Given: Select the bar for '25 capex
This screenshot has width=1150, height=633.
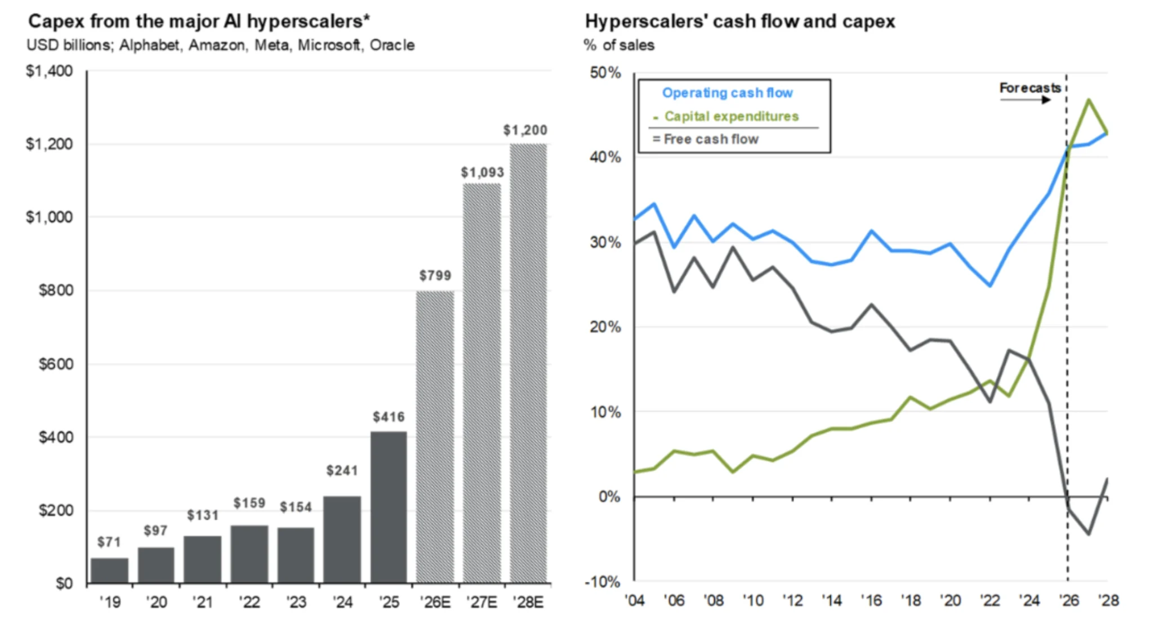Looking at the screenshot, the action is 389,507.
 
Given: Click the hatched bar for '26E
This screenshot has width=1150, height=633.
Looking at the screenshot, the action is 435,437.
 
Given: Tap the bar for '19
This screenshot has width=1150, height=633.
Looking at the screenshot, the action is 109,570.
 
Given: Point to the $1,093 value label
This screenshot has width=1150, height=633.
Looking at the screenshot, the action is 482,172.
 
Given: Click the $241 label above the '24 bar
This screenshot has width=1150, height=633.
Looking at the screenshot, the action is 342,470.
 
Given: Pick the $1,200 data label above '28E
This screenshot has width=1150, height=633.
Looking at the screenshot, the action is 525,130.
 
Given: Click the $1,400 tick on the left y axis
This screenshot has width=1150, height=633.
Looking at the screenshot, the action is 50,71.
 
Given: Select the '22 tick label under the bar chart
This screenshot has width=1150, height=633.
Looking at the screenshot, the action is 249,602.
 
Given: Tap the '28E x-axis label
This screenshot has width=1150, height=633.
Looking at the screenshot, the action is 528,602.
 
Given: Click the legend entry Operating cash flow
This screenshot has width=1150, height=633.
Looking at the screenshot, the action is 727,93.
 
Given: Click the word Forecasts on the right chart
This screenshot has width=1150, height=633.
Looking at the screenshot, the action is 1030,88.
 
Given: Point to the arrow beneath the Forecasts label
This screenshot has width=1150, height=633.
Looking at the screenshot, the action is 1026,100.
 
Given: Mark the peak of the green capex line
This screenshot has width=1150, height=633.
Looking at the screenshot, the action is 1089,100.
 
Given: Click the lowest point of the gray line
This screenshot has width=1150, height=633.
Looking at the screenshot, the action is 1089,533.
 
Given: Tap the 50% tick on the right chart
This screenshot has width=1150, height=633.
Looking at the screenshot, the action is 605,73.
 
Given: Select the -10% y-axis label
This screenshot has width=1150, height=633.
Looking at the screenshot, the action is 602,582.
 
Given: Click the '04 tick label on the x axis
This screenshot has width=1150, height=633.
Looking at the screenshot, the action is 635,601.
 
